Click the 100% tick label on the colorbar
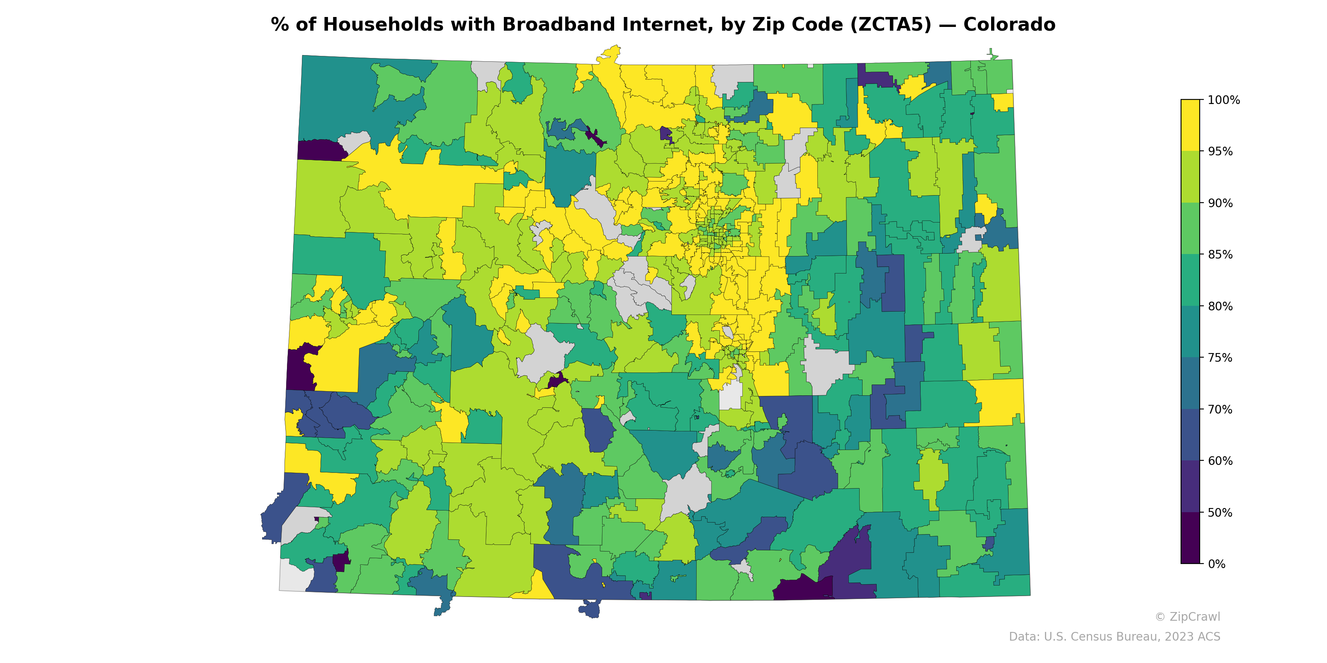coord(1223,100)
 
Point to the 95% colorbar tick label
coord(1220,151)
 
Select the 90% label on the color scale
coord(1220,203)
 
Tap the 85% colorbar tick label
coord(1220,254)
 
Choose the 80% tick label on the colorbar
coord(1220,306)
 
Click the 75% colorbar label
coord(1220,358)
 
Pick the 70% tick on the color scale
coord(1220,409)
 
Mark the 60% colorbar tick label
coord(1220,461)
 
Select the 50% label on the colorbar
coord(1220,513)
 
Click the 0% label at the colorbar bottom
coord(1216,564)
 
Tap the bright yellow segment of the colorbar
coord(1190,125)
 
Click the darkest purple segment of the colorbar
coord(1190,538)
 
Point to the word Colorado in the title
coord(1009,25)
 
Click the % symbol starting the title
coord(280,25)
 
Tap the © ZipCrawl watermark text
coord(1187,617)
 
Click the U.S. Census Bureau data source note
coord(1114,637)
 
